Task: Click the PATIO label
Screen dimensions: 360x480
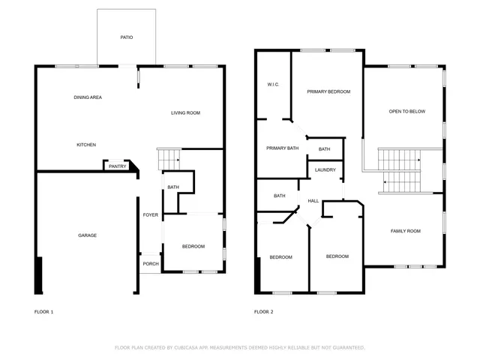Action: (x=127, y=37)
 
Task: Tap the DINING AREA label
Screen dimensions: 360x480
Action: (x=88, y=97)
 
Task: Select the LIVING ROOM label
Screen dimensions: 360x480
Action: (x=185, y=113)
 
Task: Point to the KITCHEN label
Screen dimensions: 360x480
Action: (x=86, y=145)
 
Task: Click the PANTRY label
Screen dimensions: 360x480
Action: (x=117, y=166)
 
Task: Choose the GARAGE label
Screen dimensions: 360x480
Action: (x=87, y=235)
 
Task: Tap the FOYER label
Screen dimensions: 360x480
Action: (x=151, y=215)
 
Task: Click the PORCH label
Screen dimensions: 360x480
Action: (x=150, y=264)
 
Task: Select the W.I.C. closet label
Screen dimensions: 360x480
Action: (x=273, y=84)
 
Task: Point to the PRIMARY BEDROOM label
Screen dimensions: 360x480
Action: (x=328, y=91)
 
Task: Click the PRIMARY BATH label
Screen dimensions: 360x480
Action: (x=282, y=148)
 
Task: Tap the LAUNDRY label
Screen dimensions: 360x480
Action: (x=325, y=170)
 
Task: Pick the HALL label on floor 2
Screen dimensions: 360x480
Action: (x=313, y=201)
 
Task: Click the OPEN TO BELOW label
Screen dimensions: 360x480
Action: (x=406, y=112)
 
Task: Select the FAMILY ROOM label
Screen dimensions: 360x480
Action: (x=405, y=231)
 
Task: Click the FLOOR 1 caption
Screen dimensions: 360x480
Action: (x=44, y=311)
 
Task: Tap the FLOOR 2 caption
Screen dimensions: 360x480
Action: (x=263, y=311)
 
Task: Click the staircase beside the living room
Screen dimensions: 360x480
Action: (x=169, y=159)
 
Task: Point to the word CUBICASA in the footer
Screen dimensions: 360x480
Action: (x=192, y=348)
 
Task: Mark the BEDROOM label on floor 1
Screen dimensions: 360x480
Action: (x=193, y=247)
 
